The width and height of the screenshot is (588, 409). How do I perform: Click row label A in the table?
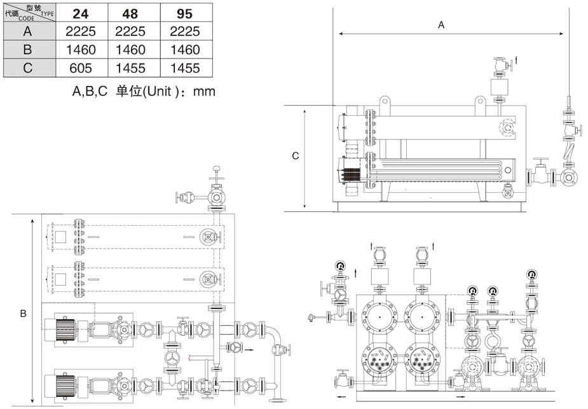[x=27, y=31]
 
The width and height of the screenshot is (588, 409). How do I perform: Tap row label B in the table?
[x=27, y=50]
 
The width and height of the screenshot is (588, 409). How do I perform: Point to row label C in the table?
[x=27, y=68]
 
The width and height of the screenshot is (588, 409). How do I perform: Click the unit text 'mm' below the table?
[x=205, y=92]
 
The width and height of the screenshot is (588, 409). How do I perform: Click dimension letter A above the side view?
[x=441, y=25]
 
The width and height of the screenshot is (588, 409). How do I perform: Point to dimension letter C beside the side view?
[x=295, y=156]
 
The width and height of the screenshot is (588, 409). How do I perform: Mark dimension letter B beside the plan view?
[x=23, y=314]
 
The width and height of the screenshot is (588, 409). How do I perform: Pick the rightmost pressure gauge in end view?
[x=531, y=275]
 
